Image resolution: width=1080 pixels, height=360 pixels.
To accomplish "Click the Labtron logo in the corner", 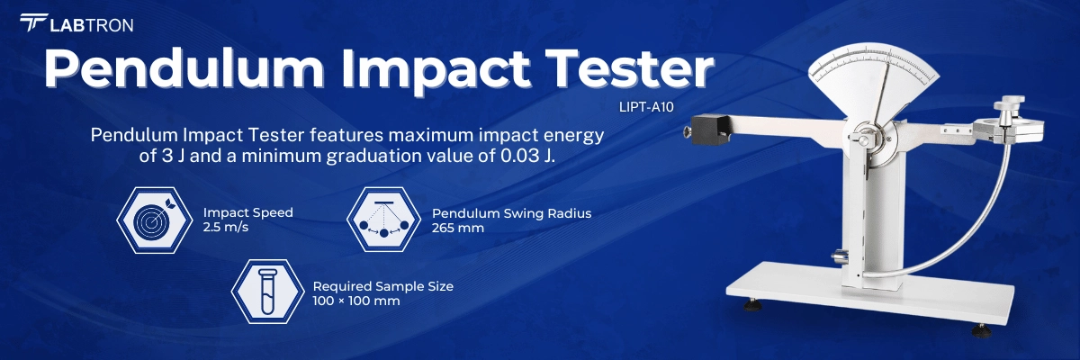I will [x=76, y=24].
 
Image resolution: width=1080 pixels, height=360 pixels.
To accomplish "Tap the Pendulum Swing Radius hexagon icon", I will [x=382, y=220].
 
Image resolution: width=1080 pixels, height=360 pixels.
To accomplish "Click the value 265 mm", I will [x=458, y=228].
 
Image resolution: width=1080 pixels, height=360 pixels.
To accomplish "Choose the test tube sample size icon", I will [x=266, y=292].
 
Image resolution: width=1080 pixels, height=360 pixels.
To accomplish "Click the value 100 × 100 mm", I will [x=356, y=301].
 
